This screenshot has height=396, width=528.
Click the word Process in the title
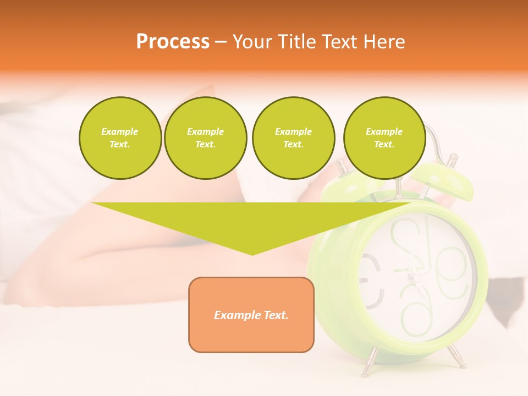pos(173,41)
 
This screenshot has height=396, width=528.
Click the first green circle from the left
pos(120,138)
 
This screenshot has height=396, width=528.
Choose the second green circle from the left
pos(205,138)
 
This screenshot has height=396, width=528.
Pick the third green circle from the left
pos(293,138)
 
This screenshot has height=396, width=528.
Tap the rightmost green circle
pos(384,138)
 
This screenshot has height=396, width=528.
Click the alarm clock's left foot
pos(366,366)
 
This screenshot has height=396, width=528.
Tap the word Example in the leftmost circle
pos(120,132)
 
